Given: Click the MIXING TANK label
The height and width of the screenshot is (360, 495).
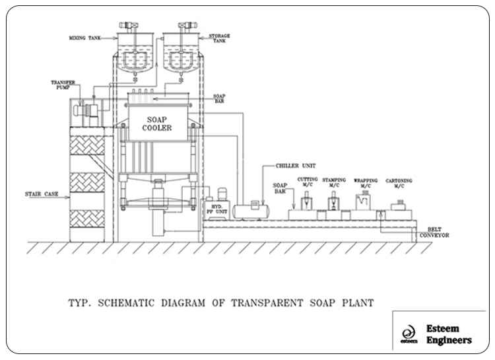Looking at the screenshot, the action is click(85, 38).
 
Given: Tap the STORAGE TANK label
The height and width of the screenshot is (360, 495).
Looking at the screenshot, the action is click(219, 38).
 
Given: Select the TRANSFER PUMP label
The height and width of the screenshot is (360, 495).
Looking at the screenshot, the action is click(63, 85).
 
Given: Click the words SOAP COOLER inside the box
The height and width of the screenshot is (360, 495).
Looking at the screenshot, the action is click(157, 124).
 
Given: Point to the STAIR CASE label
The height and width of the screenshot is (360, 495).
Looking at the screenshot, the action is click(42, 194).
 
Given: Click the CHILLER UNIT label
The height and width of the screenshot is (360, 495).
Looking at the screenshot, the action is click(296, 166).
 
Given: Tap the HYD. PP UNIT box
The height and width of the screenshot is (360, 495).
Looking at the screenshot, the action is click(217, 209).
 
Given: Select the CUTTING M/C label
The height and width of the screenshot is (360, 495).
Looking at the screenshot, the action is click(308, 182).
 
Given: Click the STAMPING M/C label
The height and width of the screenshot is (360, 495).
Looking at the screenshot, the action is click(334, 182).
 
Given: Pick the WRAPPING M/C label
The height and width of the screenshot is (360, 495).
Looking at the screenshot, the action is click(366, 183).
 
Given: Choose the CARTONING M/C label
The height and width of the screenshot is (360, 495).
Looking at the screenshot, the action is click(399, 184).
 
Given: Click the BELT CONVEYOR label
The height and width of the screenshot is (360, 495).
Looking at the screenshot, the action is click(434, 233).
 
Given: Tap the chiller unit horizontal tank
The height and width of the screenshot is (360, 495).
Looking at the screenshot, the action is click(251, 211).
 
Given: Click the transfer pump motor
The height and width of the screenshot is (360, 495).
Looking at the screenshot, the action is click(86, 110).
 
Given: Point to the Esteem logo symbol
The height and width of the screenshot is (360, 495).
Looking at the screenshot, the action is click(409, 334).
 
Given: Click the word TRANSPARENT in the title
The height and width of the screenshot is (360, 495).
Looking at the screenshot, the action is click(267, 303).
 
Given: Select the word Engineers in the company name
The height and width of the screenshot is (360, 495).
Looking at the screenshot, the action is click(449, 341).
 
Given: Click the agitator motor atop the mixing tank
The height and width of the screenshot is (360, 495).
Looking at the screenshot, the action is click(129, 25).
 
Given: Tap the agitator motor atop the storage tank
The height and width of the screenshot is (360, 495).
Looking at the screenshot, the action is click(187, 25).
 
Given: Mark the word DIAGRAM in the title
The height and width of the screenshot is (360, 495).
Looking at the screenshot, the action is click(183, 303).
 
